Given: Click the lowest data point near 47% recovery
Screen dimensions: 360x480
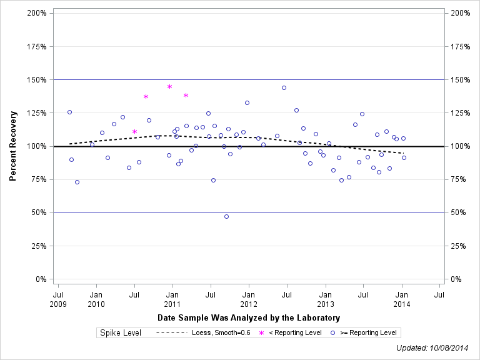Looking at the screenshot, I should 226,216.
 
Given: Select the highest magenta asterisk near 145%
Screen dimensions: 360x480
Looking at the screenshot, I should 169,86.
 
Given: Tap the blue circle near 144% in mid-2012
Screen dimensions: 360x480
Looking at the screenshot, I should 284,87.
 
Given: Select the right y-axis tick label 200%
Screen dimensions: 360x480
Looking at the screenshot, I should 459,13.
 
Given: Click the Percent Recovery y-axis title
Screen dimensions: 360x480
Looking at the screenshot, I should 12,146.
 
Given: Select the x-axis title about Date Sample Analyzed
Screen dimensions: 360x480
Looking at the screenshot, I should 249,318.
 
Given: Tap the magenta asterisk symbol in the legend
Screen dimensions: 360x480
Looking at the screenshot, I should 262,332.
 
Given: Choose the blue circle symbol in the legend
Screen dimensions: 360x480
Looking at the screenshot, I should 333,332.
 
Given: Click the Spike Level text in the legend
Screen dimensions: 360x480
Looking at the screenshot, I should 121,332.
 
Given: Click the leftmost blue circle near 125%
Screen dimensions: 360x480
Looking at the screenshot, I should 69,112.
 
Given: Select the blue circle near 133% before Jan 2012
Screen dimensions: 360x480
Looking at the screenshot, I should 247,102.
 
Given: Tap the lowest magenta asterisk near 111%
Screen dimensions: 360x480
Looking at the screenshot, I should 134,131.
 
